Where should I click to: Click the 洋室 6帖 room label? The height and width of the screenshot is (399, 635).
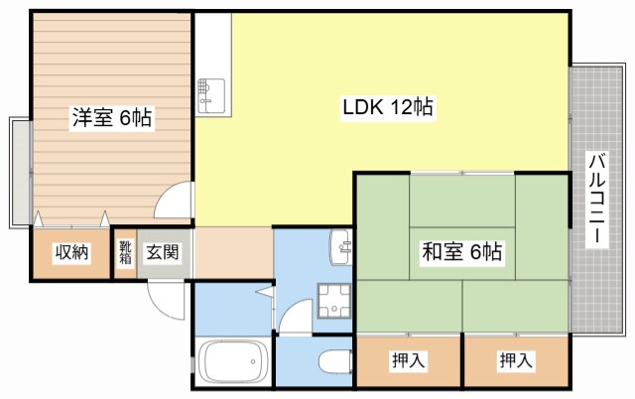pyautogui.click(x=111, y=118)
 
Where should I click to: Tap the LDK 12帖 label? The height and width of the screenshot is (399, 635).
pyautogui.click(x=386, y=107)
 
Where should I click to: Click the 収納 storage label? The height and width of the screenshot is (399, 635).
pyautogui.click(x=71, y=253)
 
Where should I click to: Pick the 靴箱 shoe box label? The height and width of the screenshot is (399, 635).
pyautogui.click(x=125, y=253)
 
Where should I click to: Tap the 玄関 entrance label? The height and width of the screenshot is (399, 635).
pyautogui.click(x=163, y=253)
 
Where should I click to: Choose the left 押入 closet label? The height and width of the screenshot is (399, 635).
pyautogui.click(x=409, y=360)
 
